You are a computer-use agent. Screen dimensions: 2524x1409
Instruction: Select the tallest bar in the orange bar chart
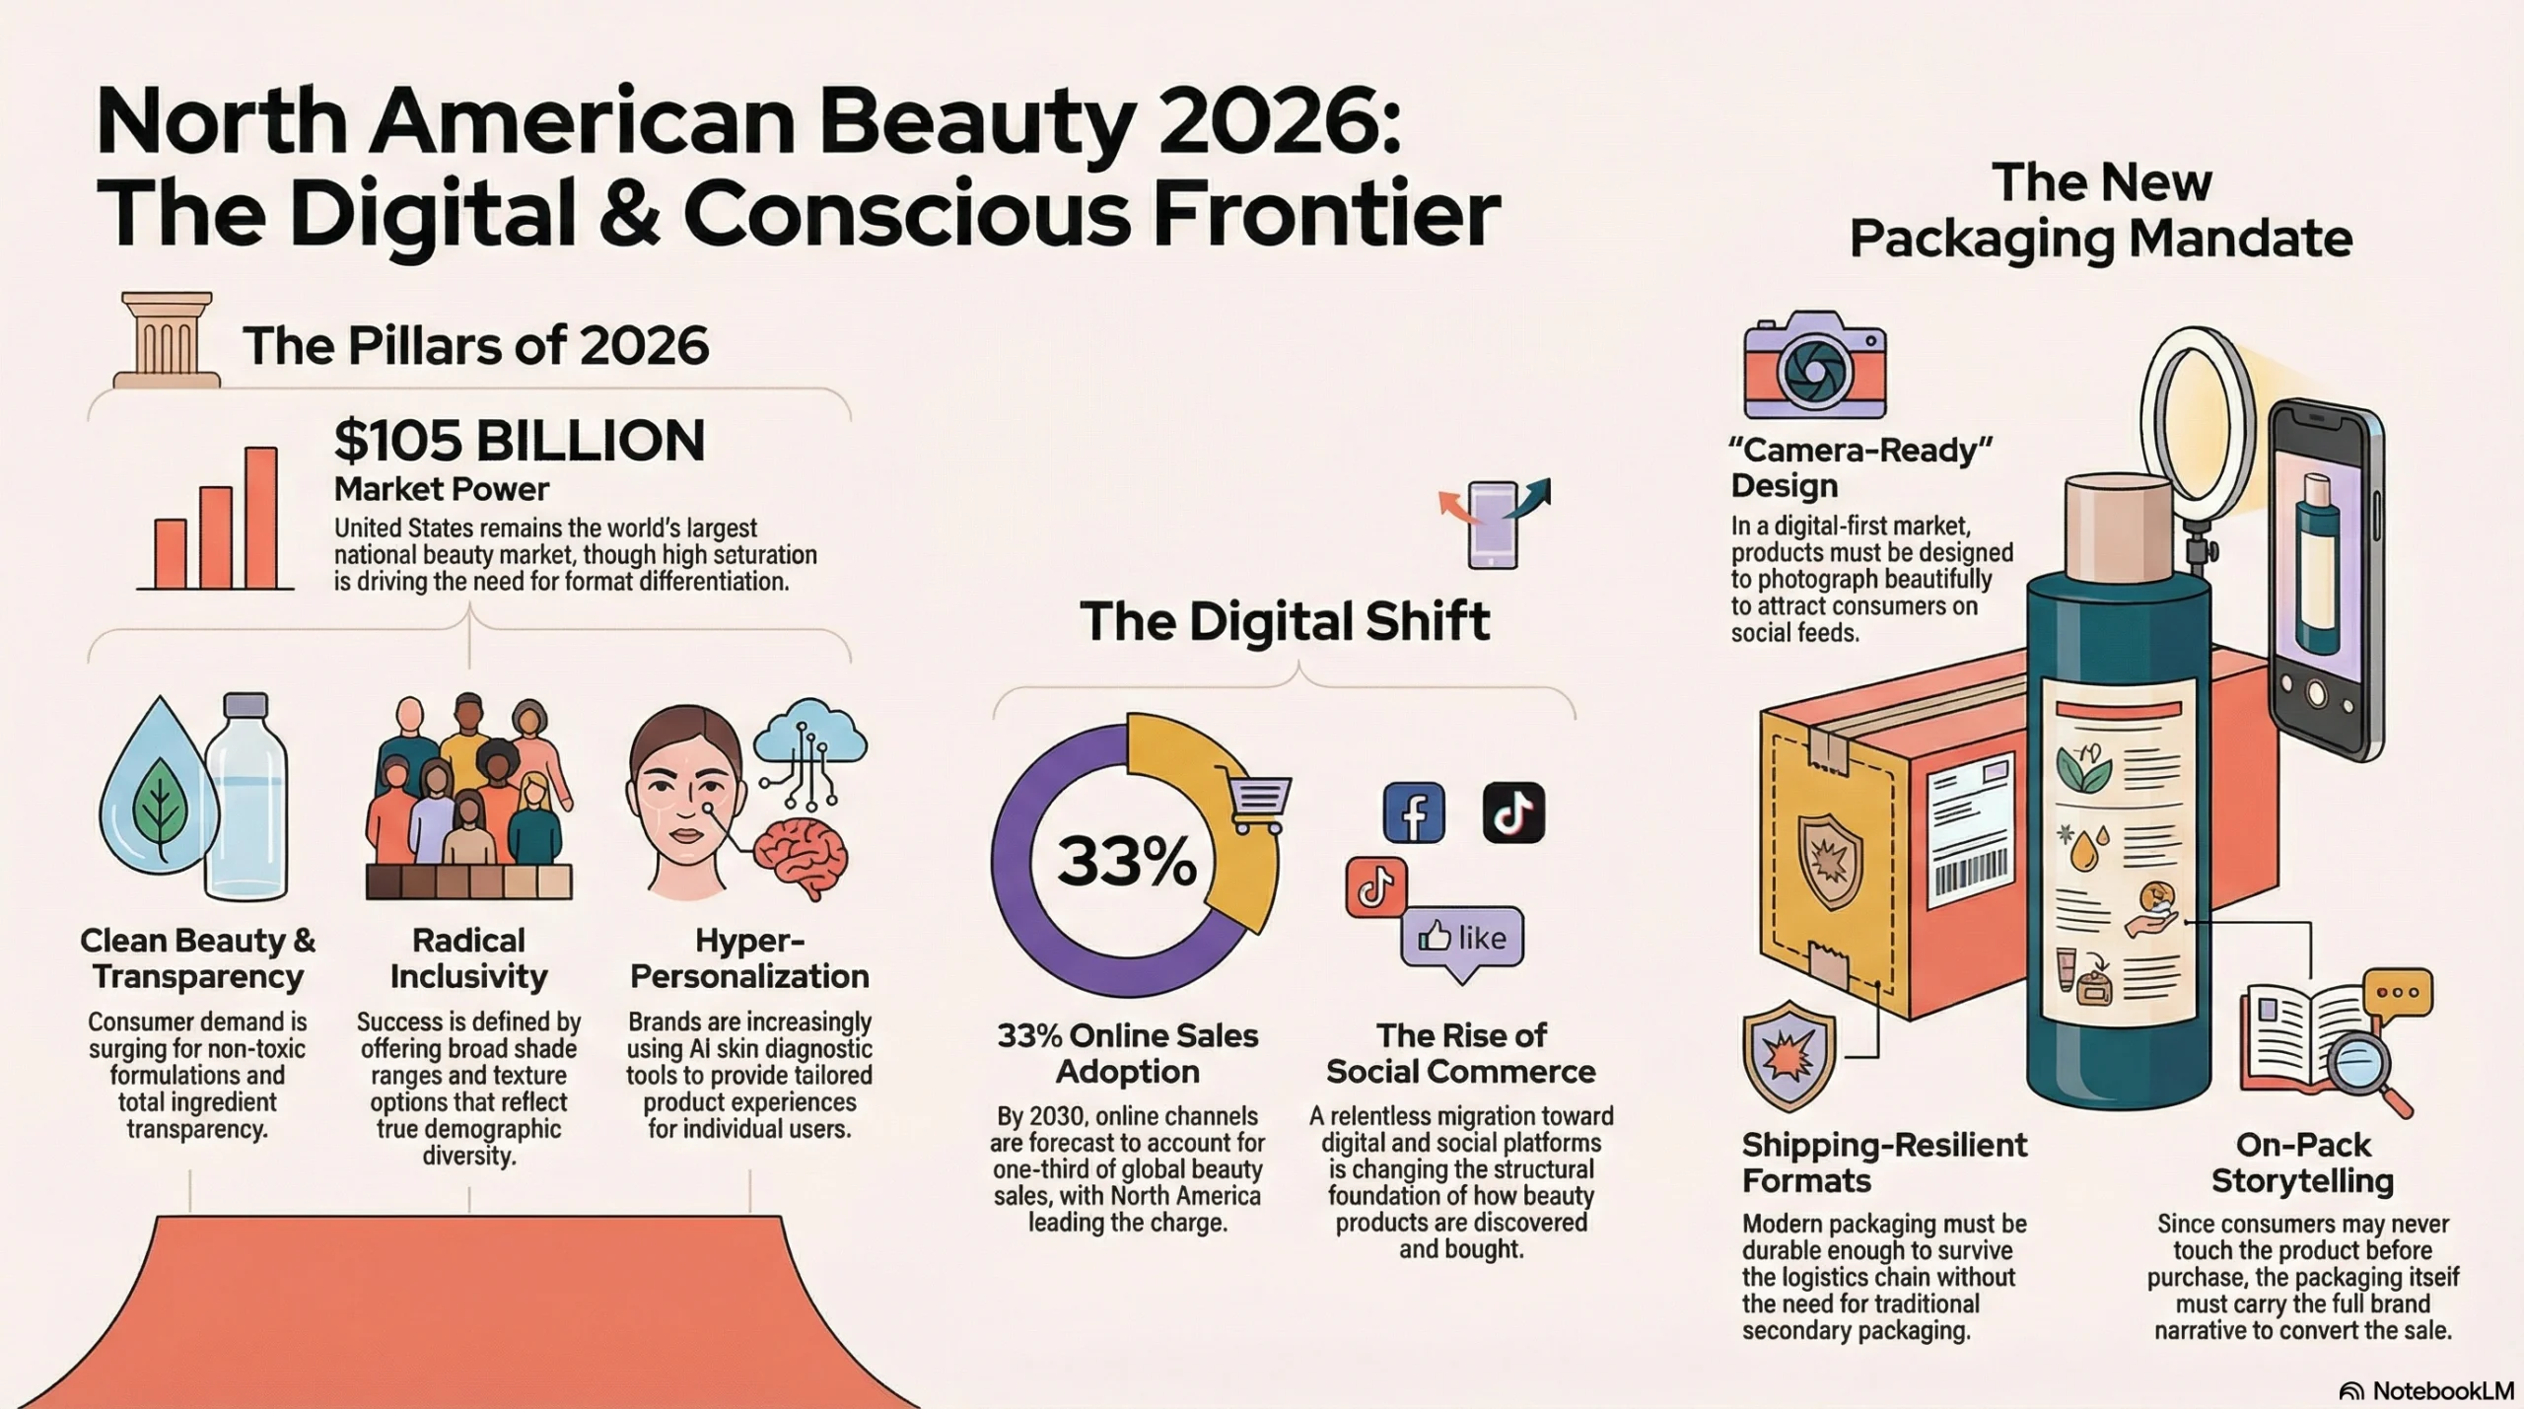[x=261, y=518]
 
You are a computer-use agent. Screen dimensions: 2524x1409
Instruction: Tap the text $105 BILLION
[x=520, y=440]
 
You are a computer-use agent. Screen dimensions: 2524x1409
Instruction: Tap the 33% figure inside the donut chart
[x=1127, y=861]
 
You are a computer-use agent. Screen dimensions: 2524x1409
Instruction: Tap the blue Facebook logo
[x=1414, y=812]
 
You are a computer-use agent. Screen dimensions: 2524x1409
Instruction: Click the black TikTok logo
[x=1513, y=812]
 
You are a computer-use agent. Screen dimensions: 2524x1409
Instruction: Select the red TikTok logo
[x=1376, y=887]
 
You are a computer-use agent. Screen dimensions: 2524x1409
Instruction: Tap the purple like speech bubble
[x=1462, y=942]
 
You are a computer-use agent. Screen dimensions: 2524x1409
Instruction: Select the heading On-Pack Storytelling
[x=2302, y=1162]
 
